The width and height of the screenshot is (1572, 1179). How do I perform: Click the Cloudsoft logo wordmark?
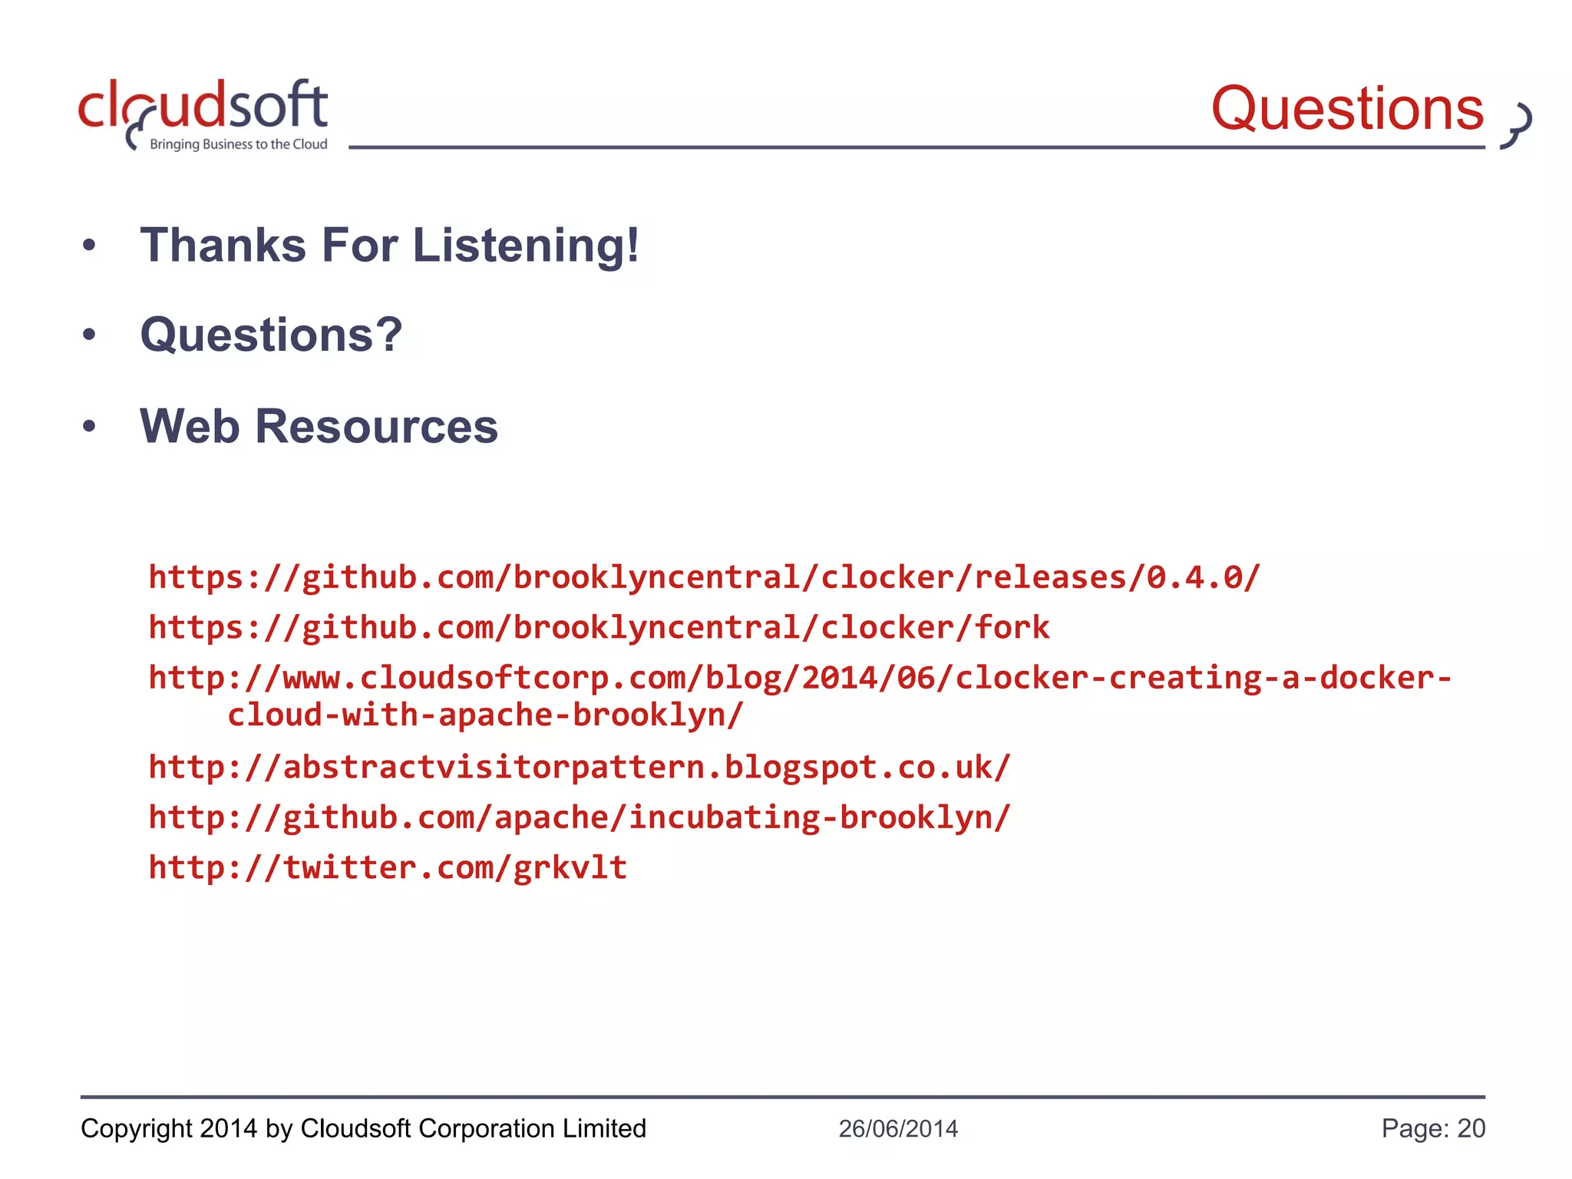[203, 106]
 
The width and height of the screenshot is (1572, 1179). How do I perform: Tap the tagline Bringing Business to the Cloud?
[238, 144]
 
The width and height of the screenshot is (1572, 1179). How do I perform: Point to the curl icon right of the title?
[1517, 124]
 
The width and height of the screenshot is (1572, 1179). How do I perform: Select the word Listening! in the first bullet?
[526, 246]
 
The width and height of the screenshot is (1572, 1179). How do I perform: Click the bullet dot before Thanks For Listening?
[90, 246]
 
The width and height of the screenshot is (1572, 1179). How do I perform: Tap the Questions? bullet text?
[271, 335]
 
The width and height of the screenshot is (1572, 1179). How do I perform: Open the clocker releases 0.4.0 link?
[704, 577]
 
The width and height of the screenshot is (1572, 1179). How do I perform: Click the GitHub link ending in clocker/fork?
[599, 628]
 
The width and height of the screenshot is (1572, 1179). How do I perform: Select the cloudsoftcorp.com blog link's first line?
[800, 678]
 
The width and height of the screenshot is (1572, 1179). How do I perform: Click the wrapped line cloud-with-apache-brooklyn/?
[485, 715]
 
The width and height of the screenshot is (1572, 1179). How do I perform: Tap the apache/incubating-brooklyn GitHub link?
[580, 817]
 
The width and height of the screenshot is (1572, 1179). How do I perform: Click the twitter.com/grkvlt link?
[388, 867]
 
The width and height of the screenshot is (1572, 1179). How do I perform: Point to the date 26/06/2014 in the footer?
[898, 1128]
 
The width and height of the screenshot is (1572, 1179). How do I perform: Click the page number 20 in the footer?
[1471, 1128]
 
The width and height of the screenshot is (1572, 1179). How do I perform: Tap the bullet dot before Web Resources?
[90, 426]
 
